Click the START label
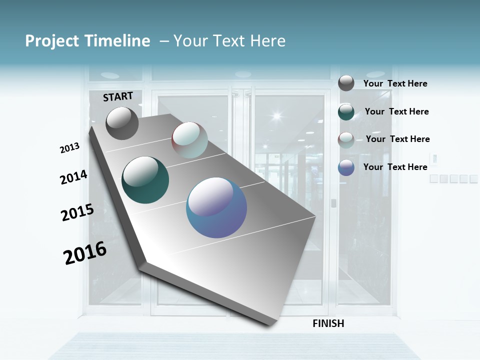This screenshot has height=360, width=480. click(118, 96)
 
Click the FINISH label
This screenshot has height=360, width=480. click(328, 323)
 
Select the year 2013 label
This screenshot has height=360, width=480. click(69, 148)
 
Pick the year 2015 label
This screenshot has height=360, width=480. click(77, 212)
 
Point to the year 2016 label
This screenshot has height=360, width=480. click(85, 253)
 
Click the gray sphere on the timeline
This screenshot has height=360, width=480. click(122, 123)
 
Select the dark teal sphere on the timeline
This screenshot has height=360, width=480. click(145, 180)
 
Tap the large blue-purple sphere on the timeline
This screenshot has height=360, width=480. click(216, 207)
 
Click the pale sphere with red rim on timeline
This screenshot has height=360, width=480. click(189, 140)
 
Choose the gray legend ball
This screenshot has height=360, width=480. click(346, 83)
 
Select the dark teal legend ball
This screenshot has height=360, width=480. click(346, 112)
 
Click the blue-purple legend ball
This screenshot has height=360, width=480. click(346, 167)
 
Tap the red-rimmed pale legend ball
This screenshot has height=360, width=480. click(346, 140)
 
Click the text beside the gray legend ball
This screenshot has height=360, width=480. click(395, 84)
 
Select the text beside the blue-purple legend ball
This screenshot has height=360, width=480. click(395, 167)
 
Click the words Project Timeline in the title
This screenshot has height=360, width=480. click(87, 41)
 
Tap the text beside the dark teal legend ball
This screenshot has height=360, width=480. click(396, 111)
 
